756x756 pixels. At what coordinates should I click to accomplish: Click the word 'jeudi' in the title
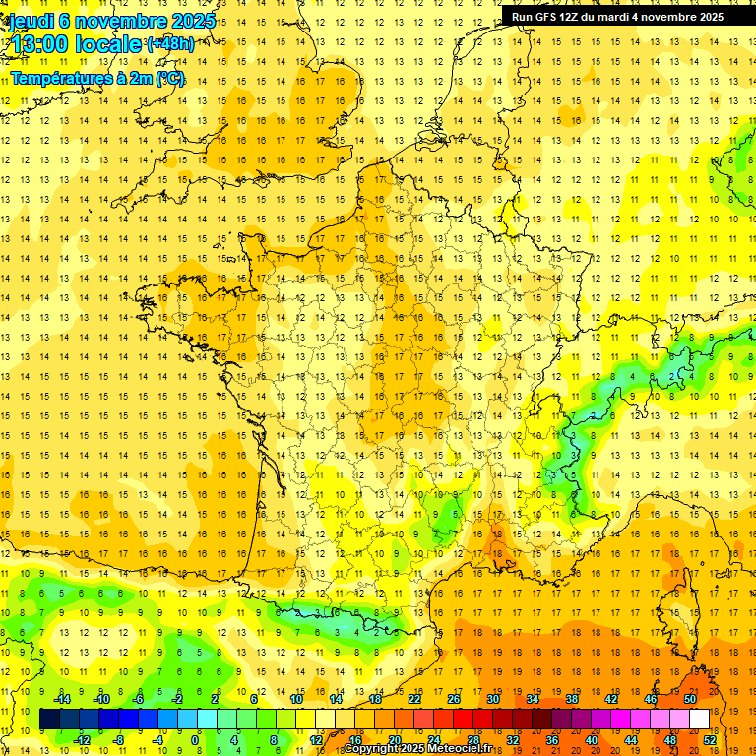point(30,21)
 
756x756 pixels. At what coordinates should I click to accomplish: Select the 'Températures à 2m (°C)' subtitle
point(97,79)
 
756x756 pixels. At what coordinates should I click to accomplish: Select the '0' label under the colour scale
point(194,740)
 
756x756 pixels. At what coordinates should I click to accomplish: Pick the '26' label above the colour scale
point(454,699)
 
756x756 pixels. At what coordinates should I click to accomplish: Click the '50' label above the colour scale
point(689,699)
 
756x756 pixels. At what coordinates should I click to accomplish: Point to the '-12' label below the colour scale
point(82,740)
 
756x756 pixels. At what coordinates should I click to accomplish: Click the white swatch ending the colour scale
point(699,720)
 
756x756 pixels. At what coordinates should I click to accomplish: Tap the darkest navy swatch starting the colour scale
point(49,720)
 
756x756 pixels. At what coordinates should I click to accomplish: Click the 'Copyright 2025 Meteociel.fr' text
point(418,749)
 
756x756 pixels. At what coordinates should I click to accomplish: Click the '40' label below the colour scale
point(593,740)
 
